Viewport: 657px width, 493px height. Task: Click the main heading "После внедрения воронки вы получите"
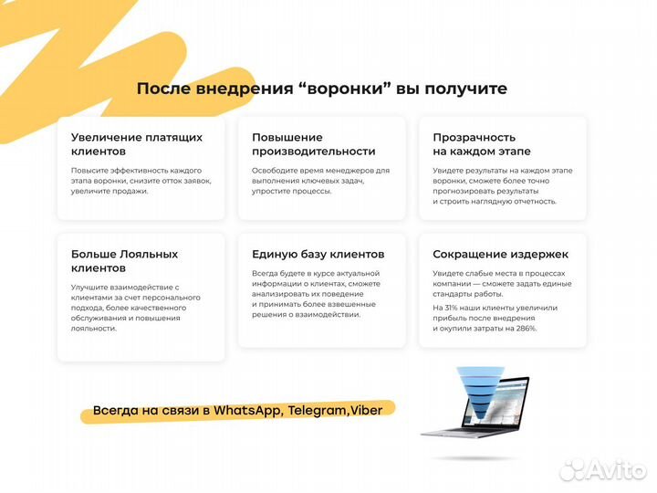[321, 89]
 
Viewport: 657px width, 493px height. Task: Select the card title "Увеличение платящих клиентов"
[136, 143]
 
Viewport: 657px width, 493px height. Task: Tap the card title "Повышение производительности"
[313, 143]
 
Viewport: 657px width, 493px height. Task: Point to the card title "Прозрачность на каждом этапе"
[481, 143]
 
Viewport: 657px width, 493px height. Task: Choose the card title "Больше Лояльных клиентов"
[124, 260]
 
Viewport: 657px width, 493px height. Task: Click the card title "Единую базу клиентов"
[318, 254]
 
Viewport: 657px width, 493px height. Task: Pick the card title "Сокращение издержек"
[500, 254]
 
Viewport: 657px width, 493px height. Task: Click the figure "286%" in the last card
[524, 328]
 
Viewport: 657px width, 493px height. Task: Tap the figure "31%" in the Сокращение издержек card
[454, 308]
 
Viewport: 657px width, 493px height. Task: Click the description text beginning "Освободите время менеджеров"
[320, 181]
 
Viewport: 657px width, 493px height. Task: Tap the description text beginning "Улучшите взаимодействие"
[135, 307]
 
